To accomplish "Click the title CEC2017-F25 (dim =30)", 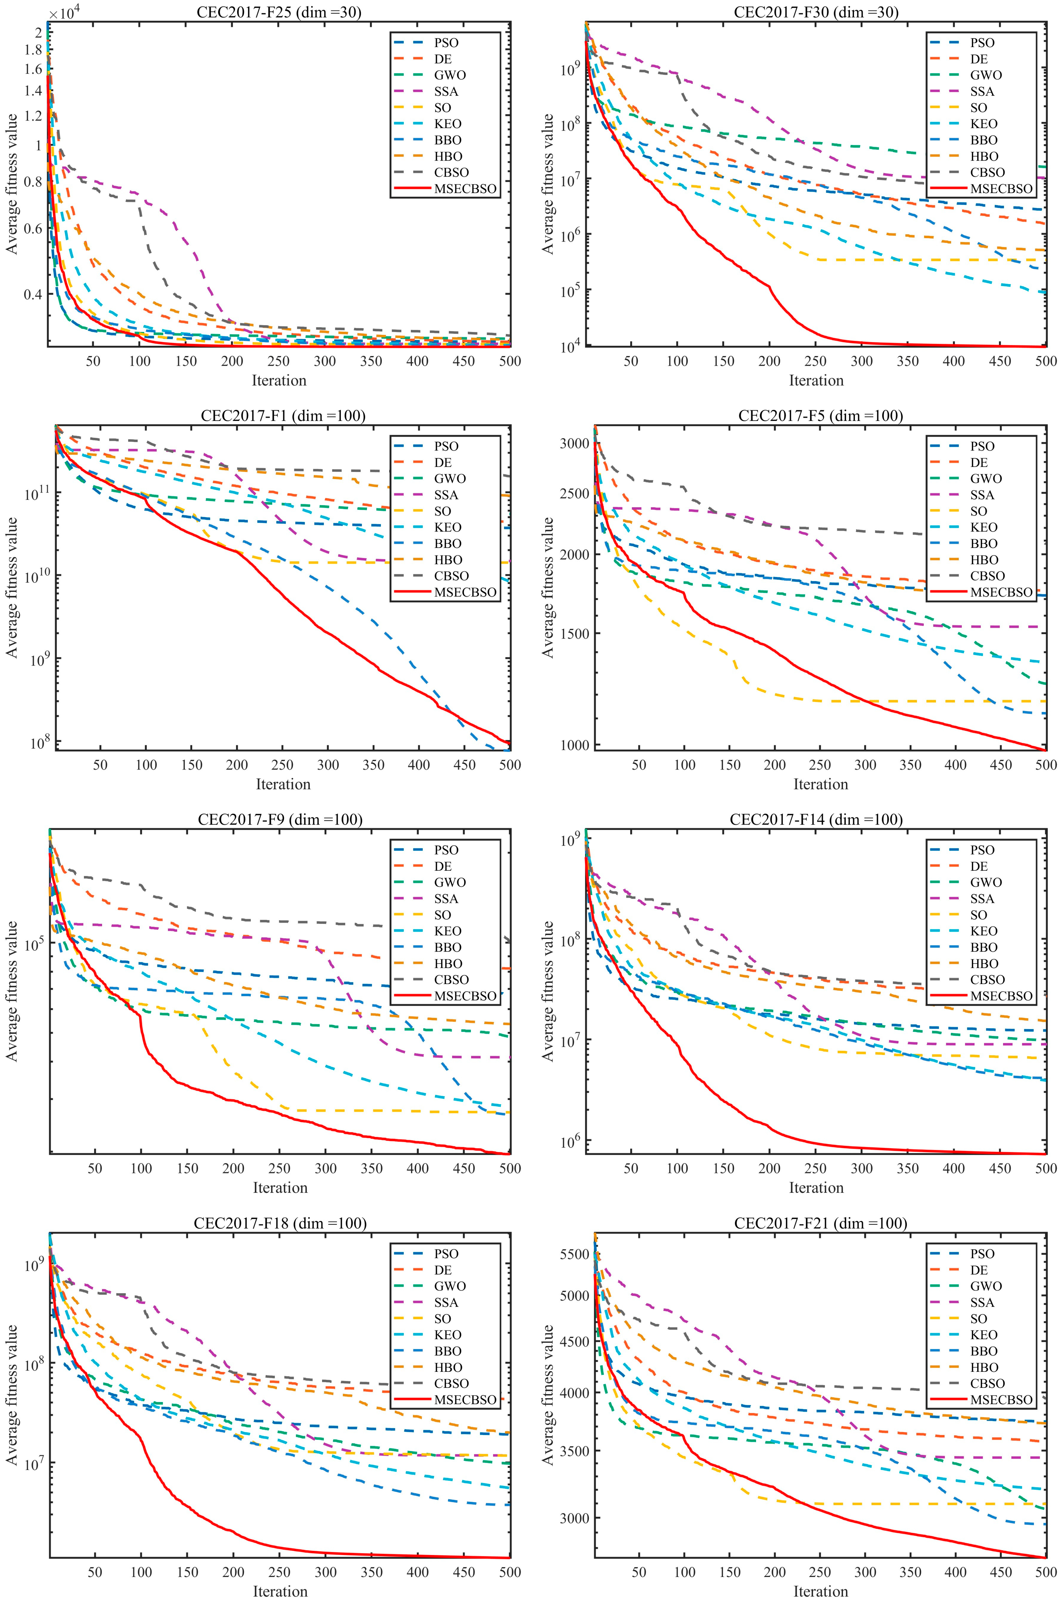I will coord(279,12).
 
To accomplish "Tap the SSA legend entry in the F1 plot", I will coord(447,495).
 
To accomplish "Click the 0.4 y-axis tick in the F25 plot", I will coord(34,294).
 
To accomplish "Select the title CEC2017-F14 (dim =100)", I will coord(816,820).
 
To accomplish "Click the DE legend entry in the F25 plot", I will coord(443,59).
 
